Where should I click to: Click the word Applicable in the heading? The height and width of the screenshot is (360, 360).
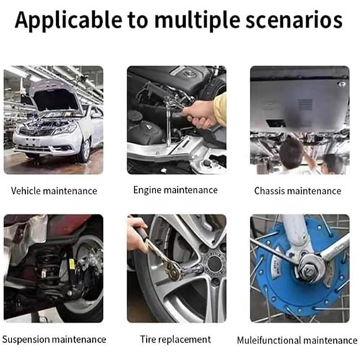pos(68,21)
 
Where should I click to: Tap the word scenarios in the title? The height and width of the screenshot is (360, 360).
pos(294,20)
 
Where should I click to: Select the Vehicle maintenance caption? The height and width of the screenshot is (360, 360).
pos(54,191)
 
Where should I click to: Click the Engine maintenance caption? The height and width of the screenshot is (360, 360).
pos(176,190)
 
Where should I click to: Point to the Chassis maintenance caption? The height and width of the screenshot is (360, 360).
pos(297,191)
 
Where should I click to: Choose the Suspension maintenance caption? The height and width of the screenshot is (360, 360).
pos(54,340)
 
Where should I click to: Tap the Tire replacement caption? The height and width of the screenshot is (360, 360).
pos(176,339)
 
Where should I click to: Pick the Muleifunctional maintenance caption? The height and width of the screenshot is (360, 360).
pos(297,341)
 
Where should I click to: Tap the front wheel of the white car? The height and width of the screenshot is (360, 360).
pos(85,150)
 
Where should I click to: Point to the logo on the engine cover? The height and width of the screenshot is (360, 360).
pos(189,73)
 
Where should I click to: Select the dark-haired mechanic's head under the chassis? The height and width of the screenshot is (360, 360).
pos(292,152)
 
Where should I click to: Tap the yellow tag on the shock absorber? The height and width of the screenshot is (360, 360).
pos(71,264)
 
